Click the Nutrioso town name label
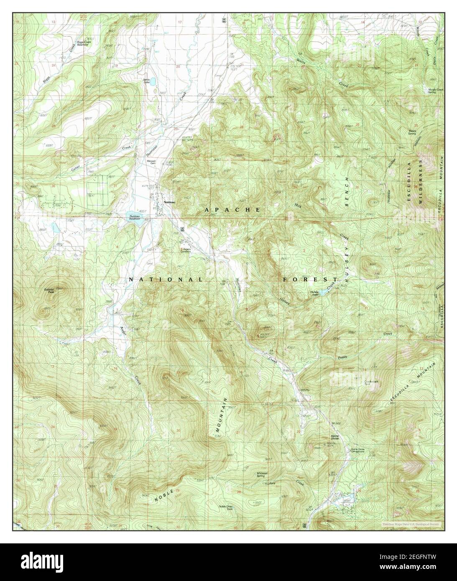(170, 202)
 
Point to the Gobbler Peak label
(49, 291)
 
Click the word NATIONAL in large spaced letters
(166, 279)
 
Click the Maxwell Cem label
(151, 161)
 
